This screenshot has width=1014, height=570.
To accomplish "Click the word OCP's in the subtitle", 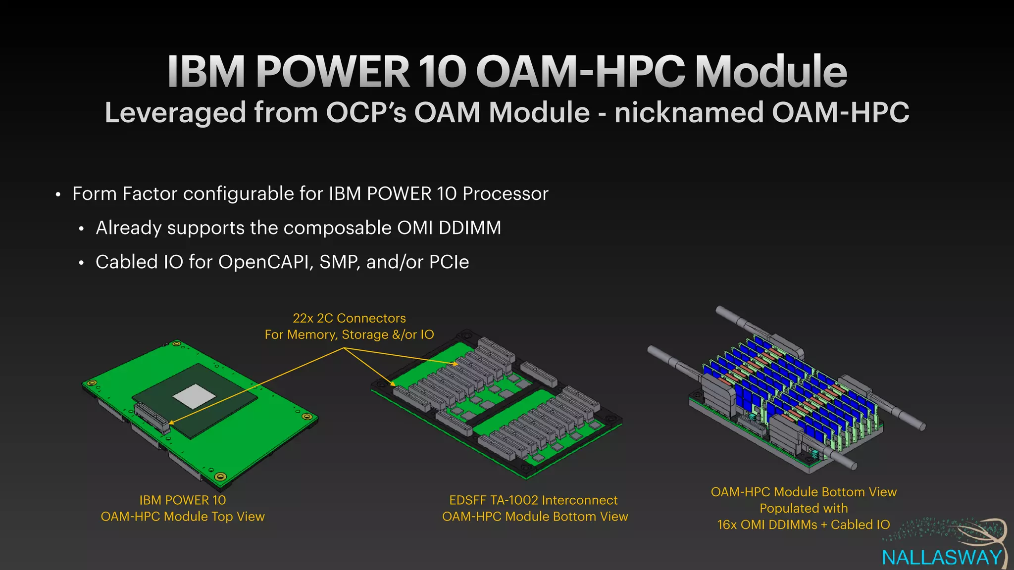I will pos(366,112).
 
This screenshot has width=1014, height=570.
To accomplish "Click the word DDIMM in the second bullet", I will pos(470,228).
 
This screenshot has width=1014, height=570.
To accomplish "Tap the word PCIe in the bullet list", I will pos(449,262).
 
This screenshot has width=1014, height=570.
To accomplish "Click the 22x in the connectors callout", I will pos(303,318).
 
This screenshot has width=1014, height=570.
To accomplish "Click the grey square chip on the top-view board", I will pos(194,396).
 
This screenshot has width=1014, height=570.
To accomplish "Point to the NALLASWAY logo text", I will pos(942,558).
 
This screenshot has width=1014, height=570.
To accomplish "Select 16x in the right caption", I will pos(727,525).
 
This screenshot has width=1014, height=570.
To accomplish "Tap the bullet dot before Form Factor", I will pos(58,194).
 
